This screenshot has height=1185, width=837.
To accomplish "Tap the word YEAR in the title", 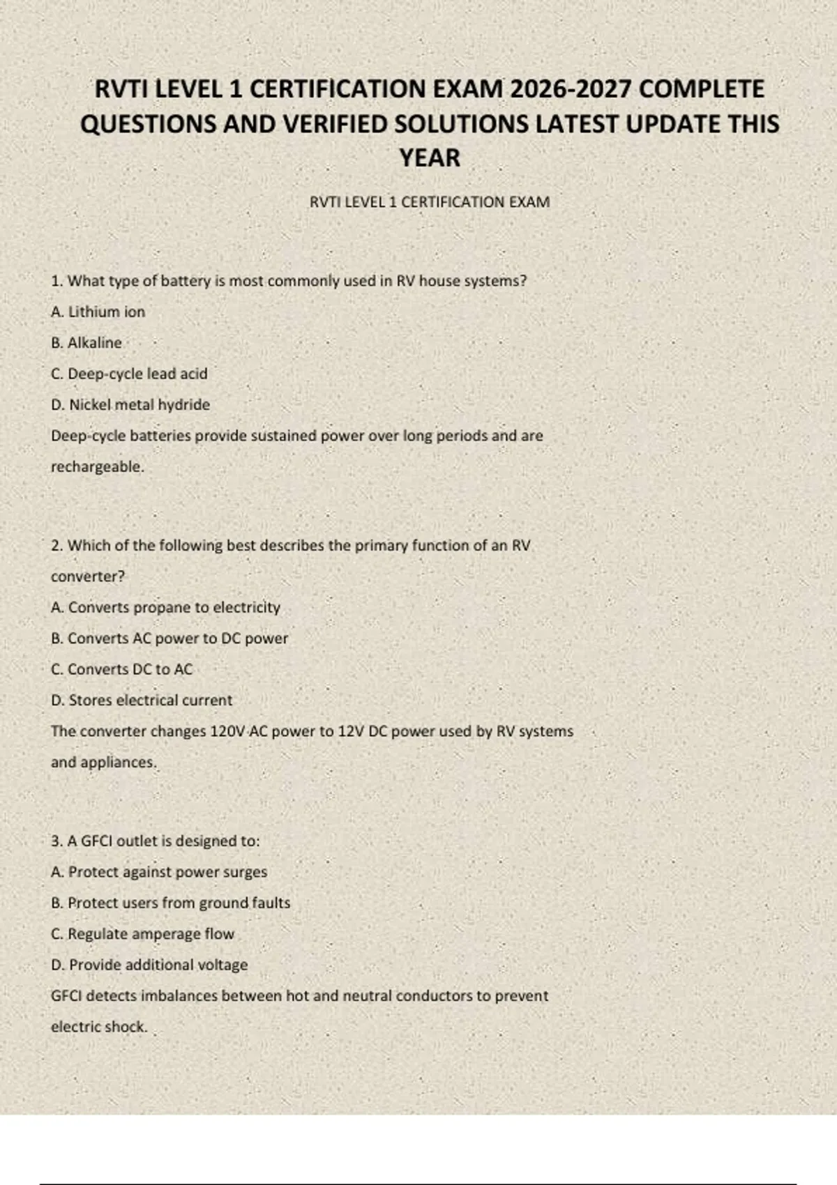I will coord(430,158).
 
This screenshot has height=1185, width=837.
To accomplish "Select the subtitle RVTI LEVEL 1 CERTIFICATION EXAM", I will coord(430,202).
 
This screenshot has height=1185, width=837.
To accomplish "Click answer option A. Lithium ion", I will coord(98,312).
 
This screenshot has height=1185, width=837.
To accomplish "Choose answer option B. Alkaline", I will coord(86,343).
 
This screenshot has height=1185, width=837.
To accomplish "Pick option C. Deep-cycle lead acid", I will coord(129,374).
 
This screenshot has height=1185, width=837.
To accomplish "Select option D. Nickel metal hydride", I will coord(130,405).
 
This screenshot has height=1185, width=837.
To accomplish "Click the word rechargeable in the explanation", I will coord(97,467).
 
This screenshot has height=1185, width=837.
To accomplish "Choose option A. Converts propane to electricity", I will coord(165,607).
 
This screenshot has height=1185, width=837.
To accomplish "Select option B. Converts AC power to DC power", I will coord(169,639).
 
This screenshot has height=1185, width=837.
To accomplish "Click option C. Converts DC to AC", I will coord(121,669).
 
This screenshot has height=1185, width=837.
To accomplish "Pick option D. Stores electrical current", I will coord(142,701).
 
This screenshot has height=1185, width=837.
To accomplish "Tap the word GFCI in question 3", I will coord(96,841).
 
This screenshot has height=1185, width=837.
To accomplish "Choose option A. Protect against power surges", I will coord(159,872).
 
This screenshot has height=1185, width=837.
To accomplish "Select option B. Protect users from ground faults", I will coord(171,903).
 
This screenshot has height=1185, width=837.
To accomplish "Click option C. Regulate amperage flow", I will coord(143,934).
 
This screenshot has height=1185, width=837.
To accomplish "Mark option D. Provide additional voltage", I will coord(149,965).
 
